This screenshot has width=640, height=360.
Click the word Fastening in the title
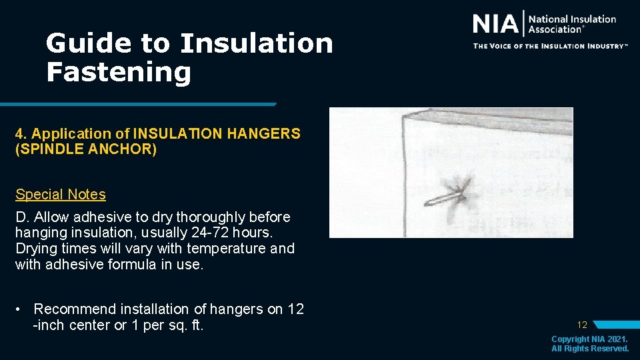(x=119, y=71)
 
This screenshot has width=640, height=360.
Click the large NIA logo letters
(x=495, y=24)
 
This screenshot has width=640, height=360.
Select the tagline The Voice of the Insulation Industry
(x=550, y=46)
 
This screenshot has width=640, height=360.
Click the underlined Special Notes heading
(x=61, y=195)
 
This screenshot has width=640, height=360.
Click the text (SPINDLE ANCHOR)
(x=86, y=149)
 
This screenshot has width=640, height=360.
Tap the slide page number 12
(x=582, y=325)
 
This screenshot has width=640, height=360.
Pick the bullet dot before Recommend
(x=22, y=309)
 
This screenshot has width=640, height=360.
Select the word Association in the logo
(x=555, y=29)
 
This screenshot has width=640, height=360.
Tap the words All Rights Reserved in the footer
(x=590, y=349)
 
